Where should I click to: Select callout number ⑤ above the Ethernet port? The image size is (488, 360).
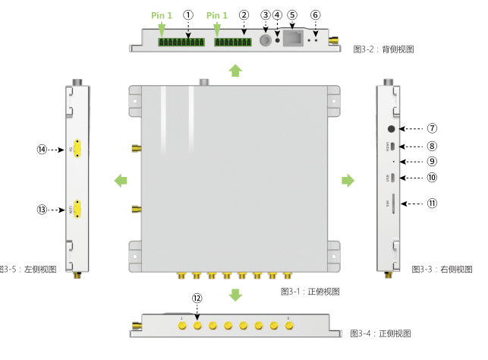[x=293, y=14]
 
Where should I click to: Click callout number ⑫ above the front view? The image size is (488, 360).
[x=197, y=298]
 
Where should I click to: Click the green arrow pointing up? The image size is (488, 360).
[x=235, y=71]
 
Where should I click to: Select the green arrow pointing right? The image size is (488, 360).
[x=348, y=180]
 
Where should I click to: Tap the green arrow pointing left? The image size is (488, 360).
[x=120, y=180]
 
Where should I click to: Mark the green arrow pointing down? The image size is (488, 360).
[x=235, y=294]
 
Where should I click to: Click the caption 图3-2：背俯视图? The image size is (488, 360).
[x=383, y=49]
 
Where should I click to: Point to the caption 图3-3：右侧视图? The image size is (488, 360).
[x=442, y=269]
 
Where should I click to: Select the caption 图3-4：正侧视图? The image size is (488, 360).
[x=380, y=333]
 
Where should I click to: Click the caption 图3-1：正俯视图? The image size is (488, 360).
[x=310, y=291]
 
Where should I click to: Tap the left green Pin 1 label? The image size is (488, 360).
[x=162, y=15]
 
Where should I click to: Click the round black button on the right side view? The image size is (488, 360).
[x=392, y=129]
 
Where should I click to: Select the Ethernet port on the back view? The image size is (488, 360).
[x=293, y=39]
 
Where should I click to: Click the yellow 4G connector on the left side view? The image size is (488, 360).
[x=77, y=150]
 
